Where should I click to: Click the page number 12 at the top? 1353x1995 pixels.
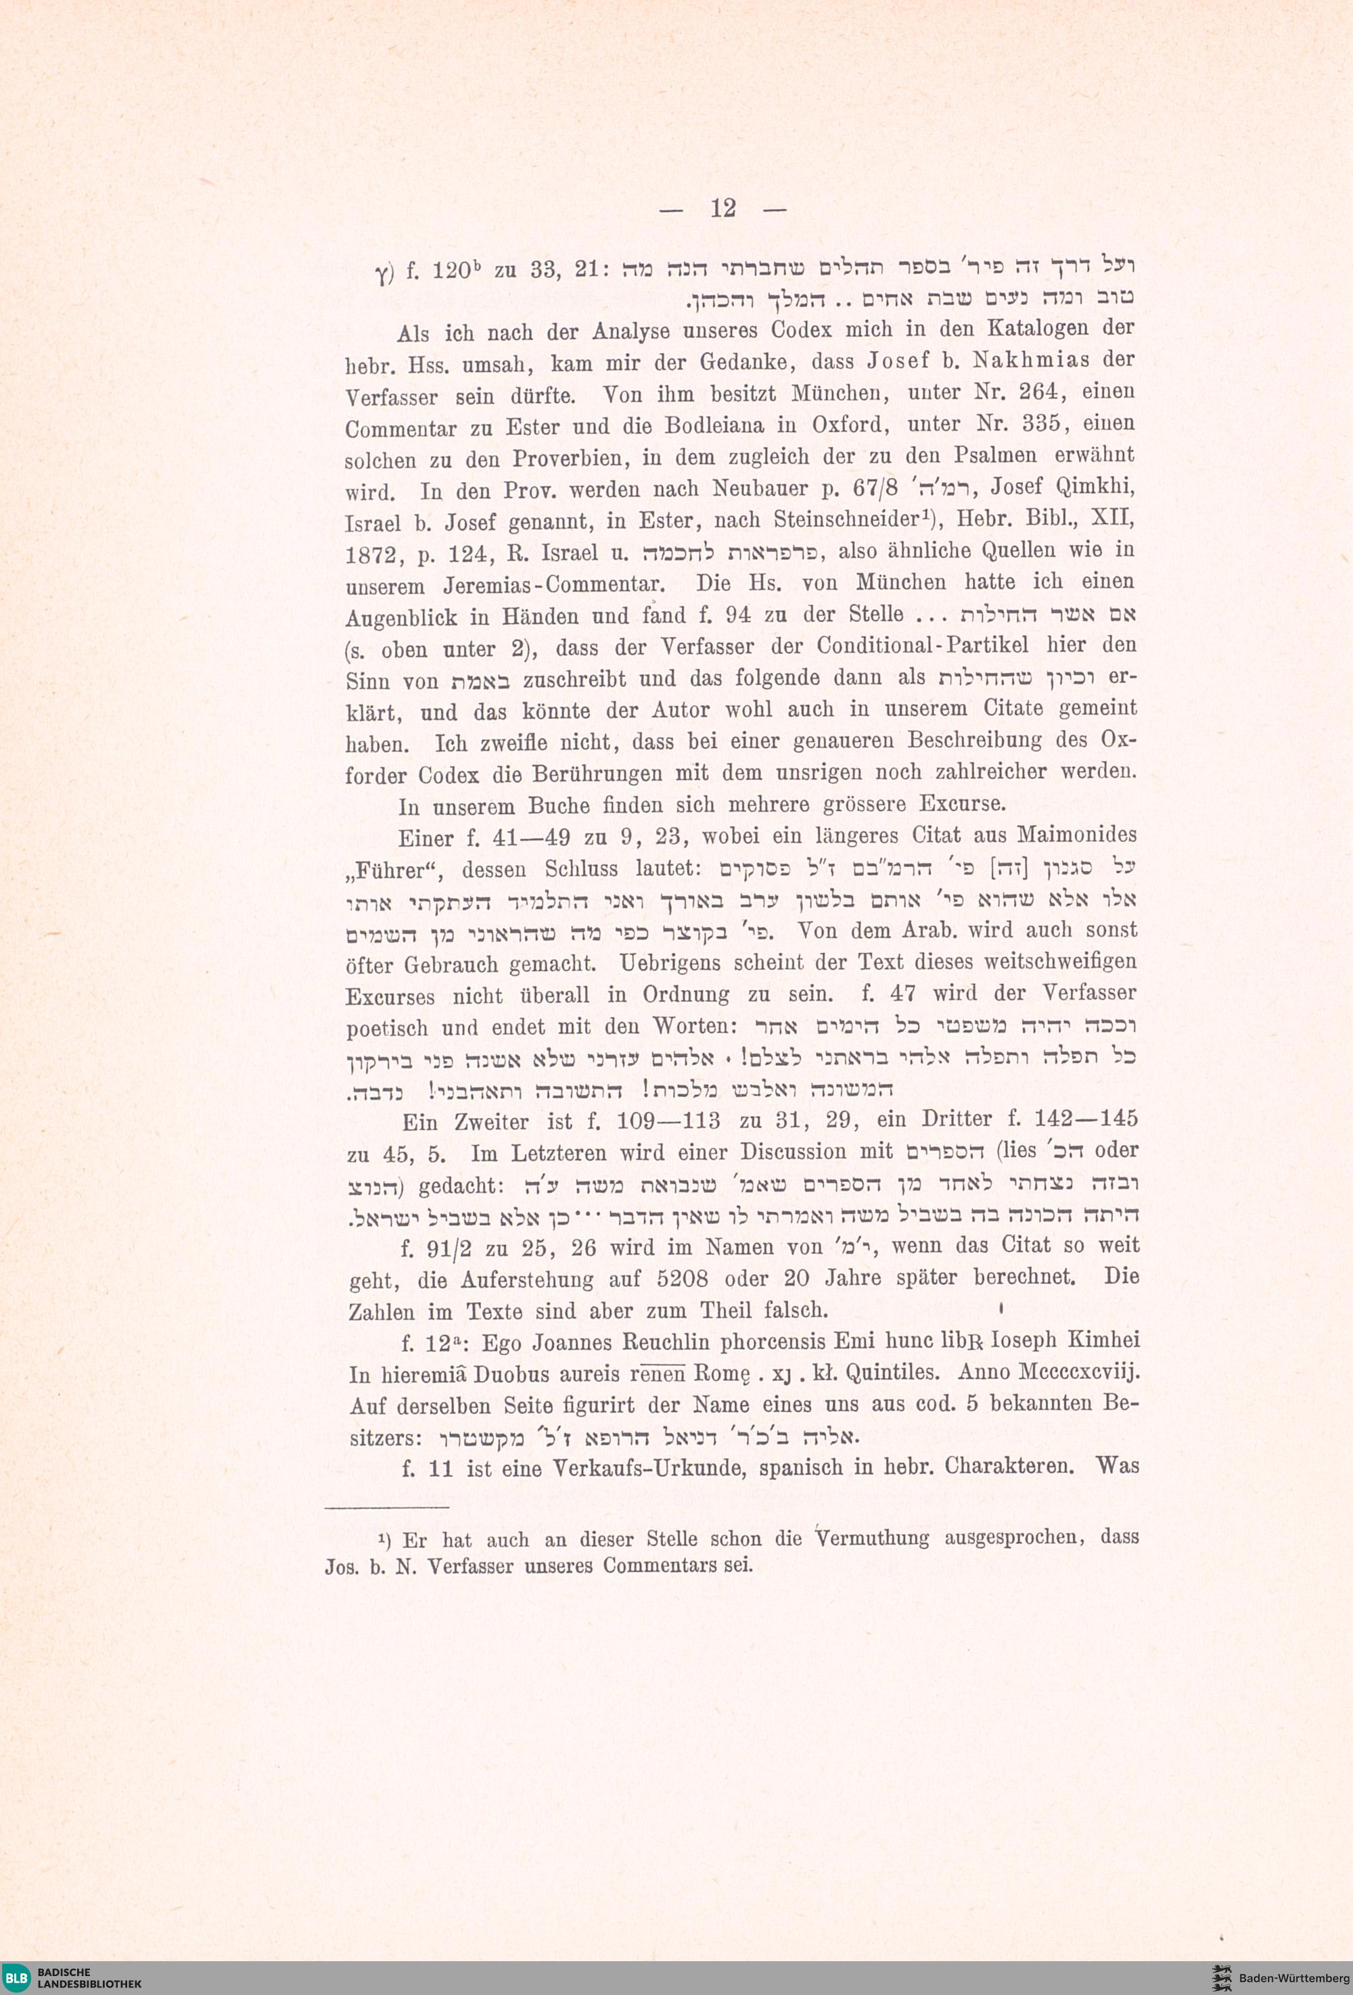[723, 208]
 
